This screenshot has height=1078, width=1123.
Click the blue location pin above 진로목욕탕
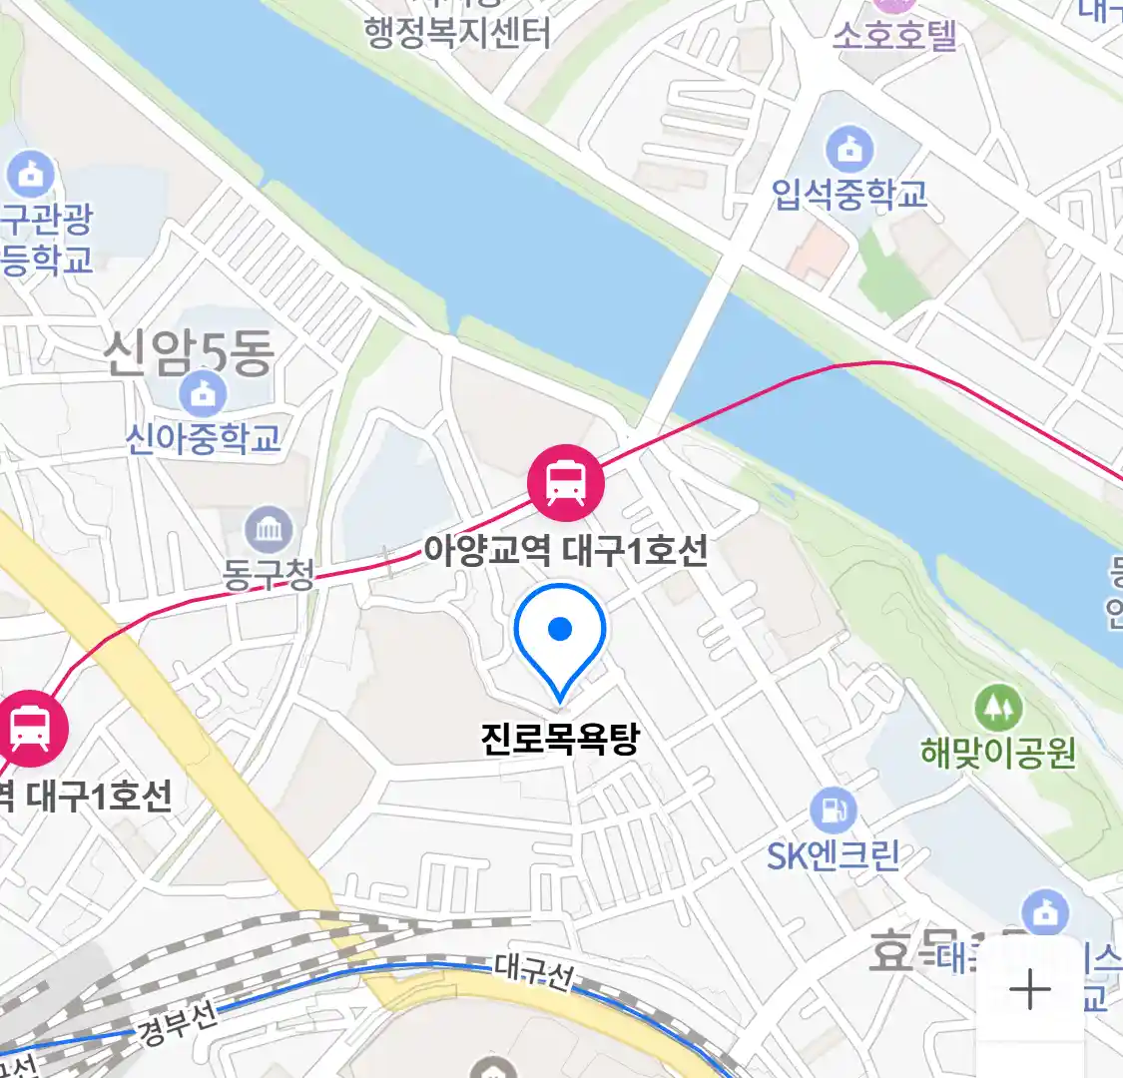(x=560, y=635)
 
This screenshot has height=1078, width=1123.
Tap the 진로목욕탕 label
(x=559, y=739)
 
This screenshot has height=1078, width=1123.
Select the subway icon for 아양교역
(x=566, y=483)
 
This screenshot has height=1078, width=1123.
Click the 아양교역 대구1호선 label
(x=566, y=550)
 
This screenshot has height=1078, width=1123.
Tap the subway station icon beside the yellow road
(x=30, y=729)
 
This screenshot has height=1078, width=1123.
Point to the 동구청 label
(x=269, y=573)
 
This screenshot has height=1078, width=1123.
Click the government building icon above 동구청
(x=269, y=530)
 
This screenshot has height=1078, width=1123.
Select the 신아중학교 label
(x=204, y=438)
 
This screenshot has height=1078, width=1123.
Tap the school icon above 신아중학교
(x=204, y=395)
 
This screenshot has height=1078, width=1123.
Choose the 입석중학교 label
(x=849, y=194)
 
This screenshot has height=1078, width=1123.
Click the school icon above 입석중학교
(x=849, y=151)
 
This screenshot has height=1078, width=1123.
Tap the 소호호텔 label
(x=894, y=35)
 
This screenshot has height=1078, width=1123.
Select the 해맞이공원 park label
(x=998, y=752)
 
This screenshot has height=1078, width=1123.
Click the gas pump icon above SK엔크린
(x=833, y=811)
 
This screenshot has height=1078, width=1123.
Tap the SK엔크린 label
(x=833, y=855)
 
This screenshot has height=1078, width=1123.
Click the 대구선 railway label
(x=535, y=972)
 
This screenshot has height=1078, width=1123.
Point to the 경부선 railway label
(x=178, y=1023)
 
